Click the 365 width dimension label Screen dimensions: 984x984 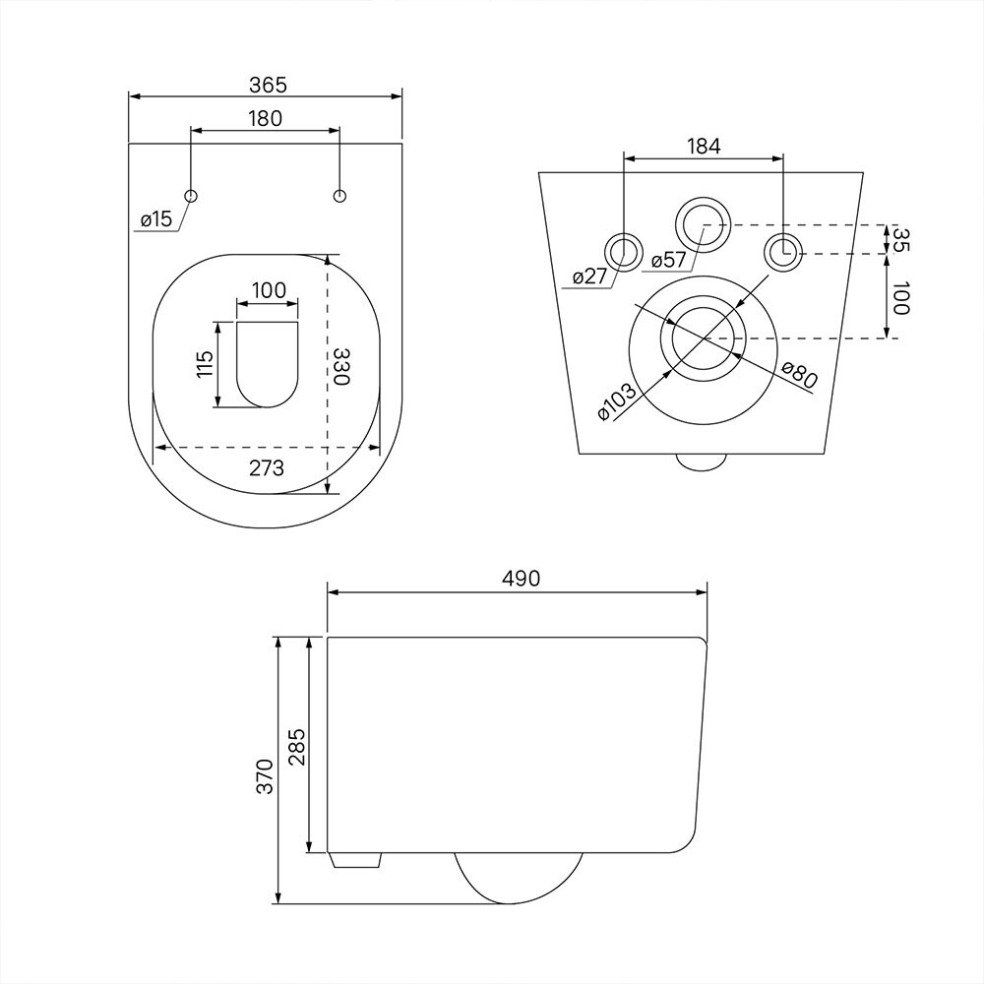point(268,85)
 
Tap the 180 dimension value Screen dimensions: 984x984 point(266,118)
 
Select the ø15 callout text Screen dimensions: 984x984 point(156,219)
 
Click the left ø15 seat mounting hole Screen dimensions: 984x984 point(192,195)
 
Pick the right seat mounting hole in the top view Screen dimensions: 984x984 point(339,195)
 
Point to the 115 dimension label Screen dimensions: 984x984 point(206,364)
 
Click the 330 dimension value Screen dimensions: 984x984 point(339,366)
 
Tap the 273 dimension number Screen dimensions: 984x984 point(267,467)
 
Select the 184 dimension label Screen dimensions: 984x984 point(705,147)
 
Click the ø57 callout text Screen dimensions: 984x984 point(669,259)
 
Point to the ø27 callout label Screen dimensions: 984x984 point(589,277)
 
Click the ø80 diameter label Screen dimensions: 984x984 point(801,375)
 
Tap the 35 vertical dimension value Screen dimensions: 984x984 point(900,238)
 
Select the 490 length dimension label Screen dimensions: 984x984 point(522,578)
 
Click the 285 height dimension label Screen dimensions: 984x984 point(297,747)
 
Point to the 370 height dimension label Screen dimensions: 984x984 point(266,776)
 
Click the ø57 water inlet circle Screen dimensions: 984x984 point(704,224)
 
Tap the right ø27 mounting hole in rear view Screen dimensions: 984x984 point(783,252)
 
